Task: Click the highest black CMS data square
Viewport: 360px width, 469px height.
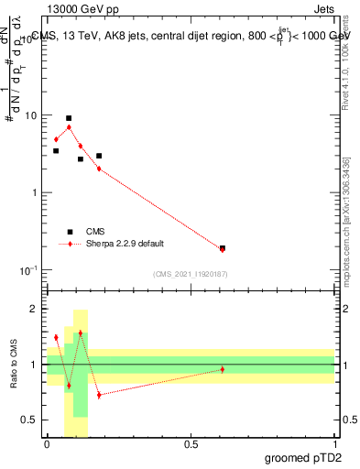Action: (69, 118)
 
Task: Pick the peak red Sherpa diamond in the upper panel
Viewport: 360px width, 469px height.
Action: (69, 127)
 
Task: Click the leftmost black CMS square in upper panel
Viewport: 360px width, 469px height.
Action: (56, 150)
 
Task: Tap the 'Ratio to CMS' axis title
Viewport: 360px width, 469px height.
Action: (15, 365)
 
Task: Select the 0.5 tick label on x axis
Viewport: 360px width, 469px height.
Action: (191, 444)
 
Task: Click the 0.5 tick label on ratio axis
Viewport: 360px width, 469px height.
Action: (30, 420)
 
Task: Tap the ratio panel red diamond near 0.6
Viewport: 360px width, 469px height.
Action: (223, 369)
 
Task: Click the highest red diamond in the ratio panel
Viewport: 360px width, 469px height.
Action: (81, 333)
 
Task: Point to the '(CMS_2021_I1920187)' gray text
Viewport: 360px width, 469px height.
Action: (190, 274)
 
